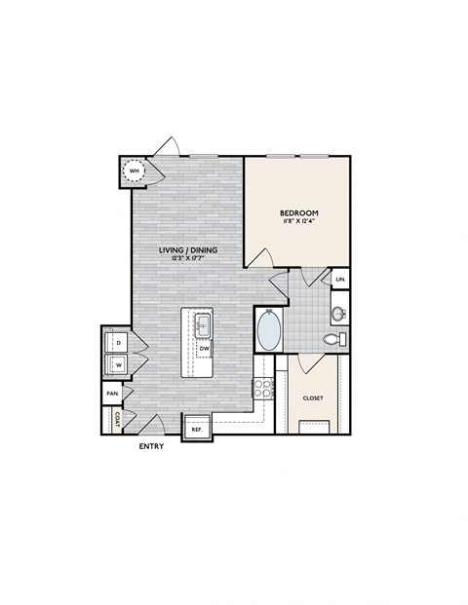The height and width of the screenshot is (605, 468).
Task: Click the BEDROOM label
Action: [x=299, y=212]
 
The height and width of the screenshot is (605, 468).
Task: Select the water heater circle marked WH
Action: [x=133, y=172]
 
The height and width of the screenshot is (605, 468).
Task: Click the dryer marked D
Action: [x=117, y=342]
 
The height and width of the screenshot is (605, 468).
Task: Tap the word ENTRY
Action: [x=151, y=446]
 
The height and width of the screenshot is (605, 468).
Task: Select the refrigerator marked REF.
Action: [x=196, y=428]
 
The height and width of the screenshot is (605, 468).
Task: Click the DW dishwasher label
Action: [x=205, y=347]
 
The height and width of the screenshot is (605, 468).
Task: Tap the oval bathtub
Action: [x=268, y=330]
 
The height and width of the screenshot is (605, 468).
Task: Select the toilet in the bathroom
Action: [x=332, y=339]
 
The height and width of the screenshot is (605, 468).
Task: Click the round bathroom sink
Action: [x=338, y=314]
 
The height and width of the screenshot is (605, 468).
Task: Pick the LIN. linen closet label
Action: [x=340, y=280]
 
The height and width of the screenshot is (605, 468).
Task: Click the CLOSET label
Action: [x=312, y=398]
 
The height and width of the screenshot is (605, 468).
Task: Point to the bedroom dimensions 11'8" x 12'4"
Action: [x=299, y=223]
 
